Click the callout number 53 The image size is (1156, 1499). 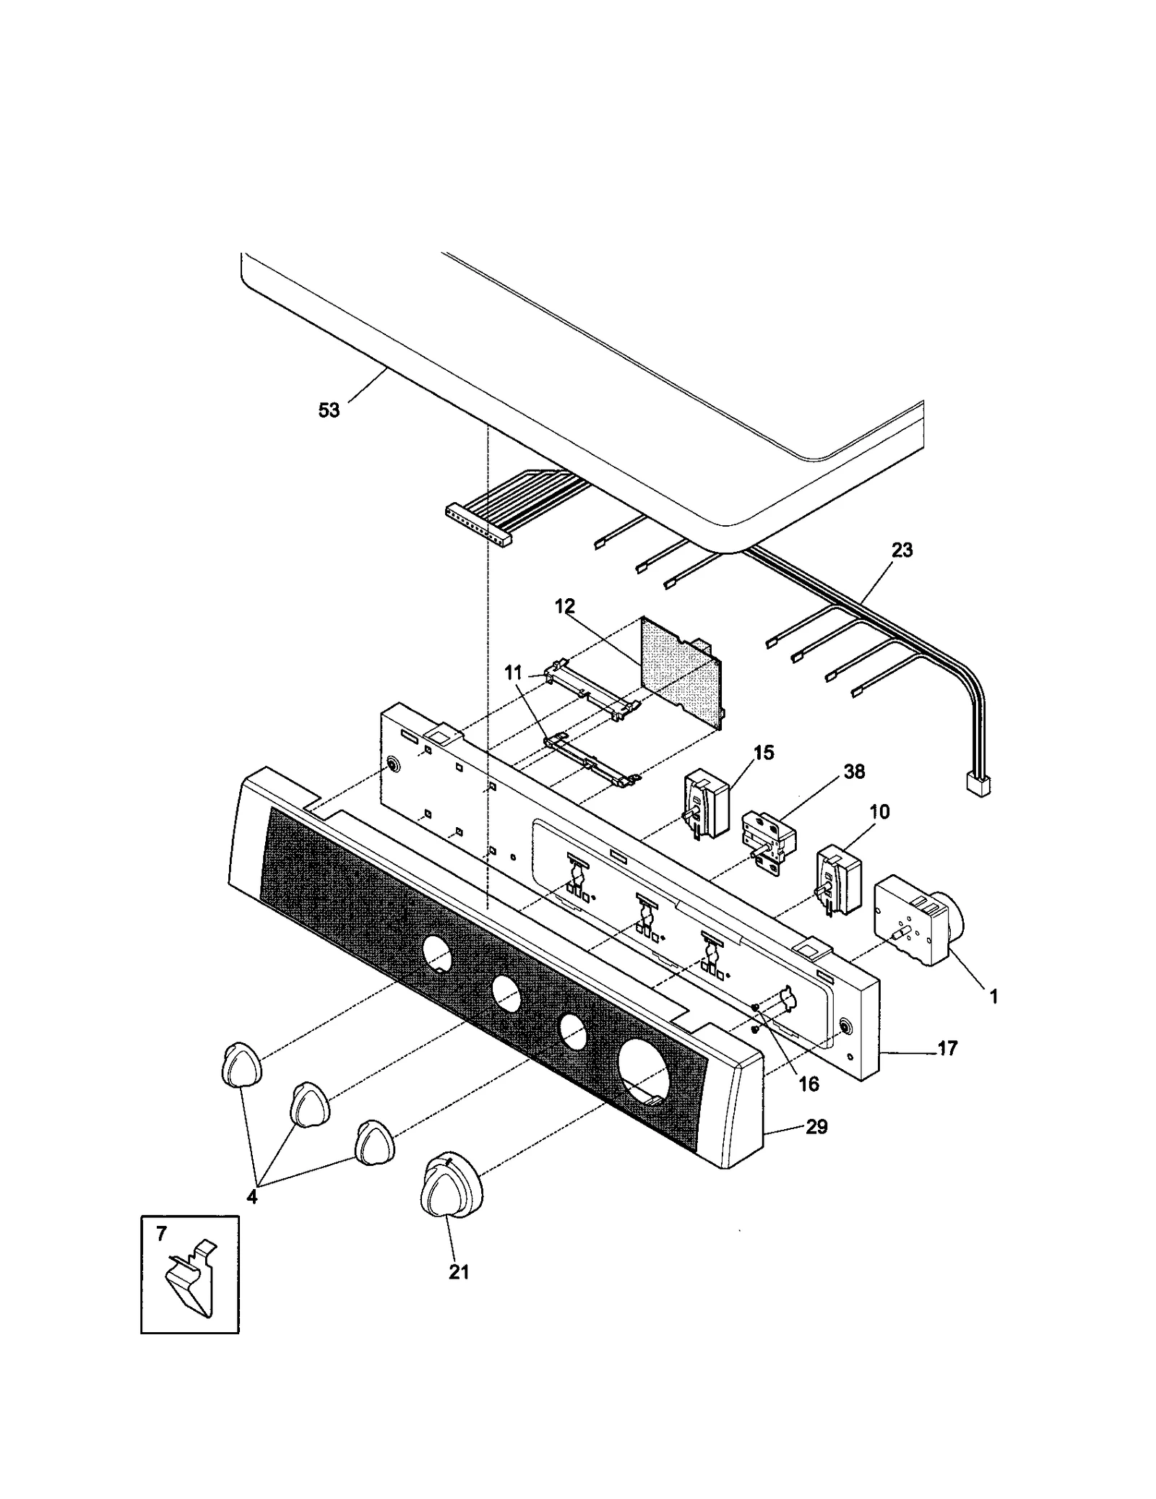click(329, 410)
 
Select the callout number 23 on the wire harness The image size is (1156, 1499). click(902, 550)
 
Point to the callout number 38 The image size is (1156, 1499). click(854, 772)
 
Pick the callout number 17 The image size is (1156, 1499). click(947, 1047)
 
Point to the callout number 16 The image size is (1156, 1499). click(809, 1084)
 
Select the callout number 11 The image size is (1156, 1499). click(513, 673)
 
